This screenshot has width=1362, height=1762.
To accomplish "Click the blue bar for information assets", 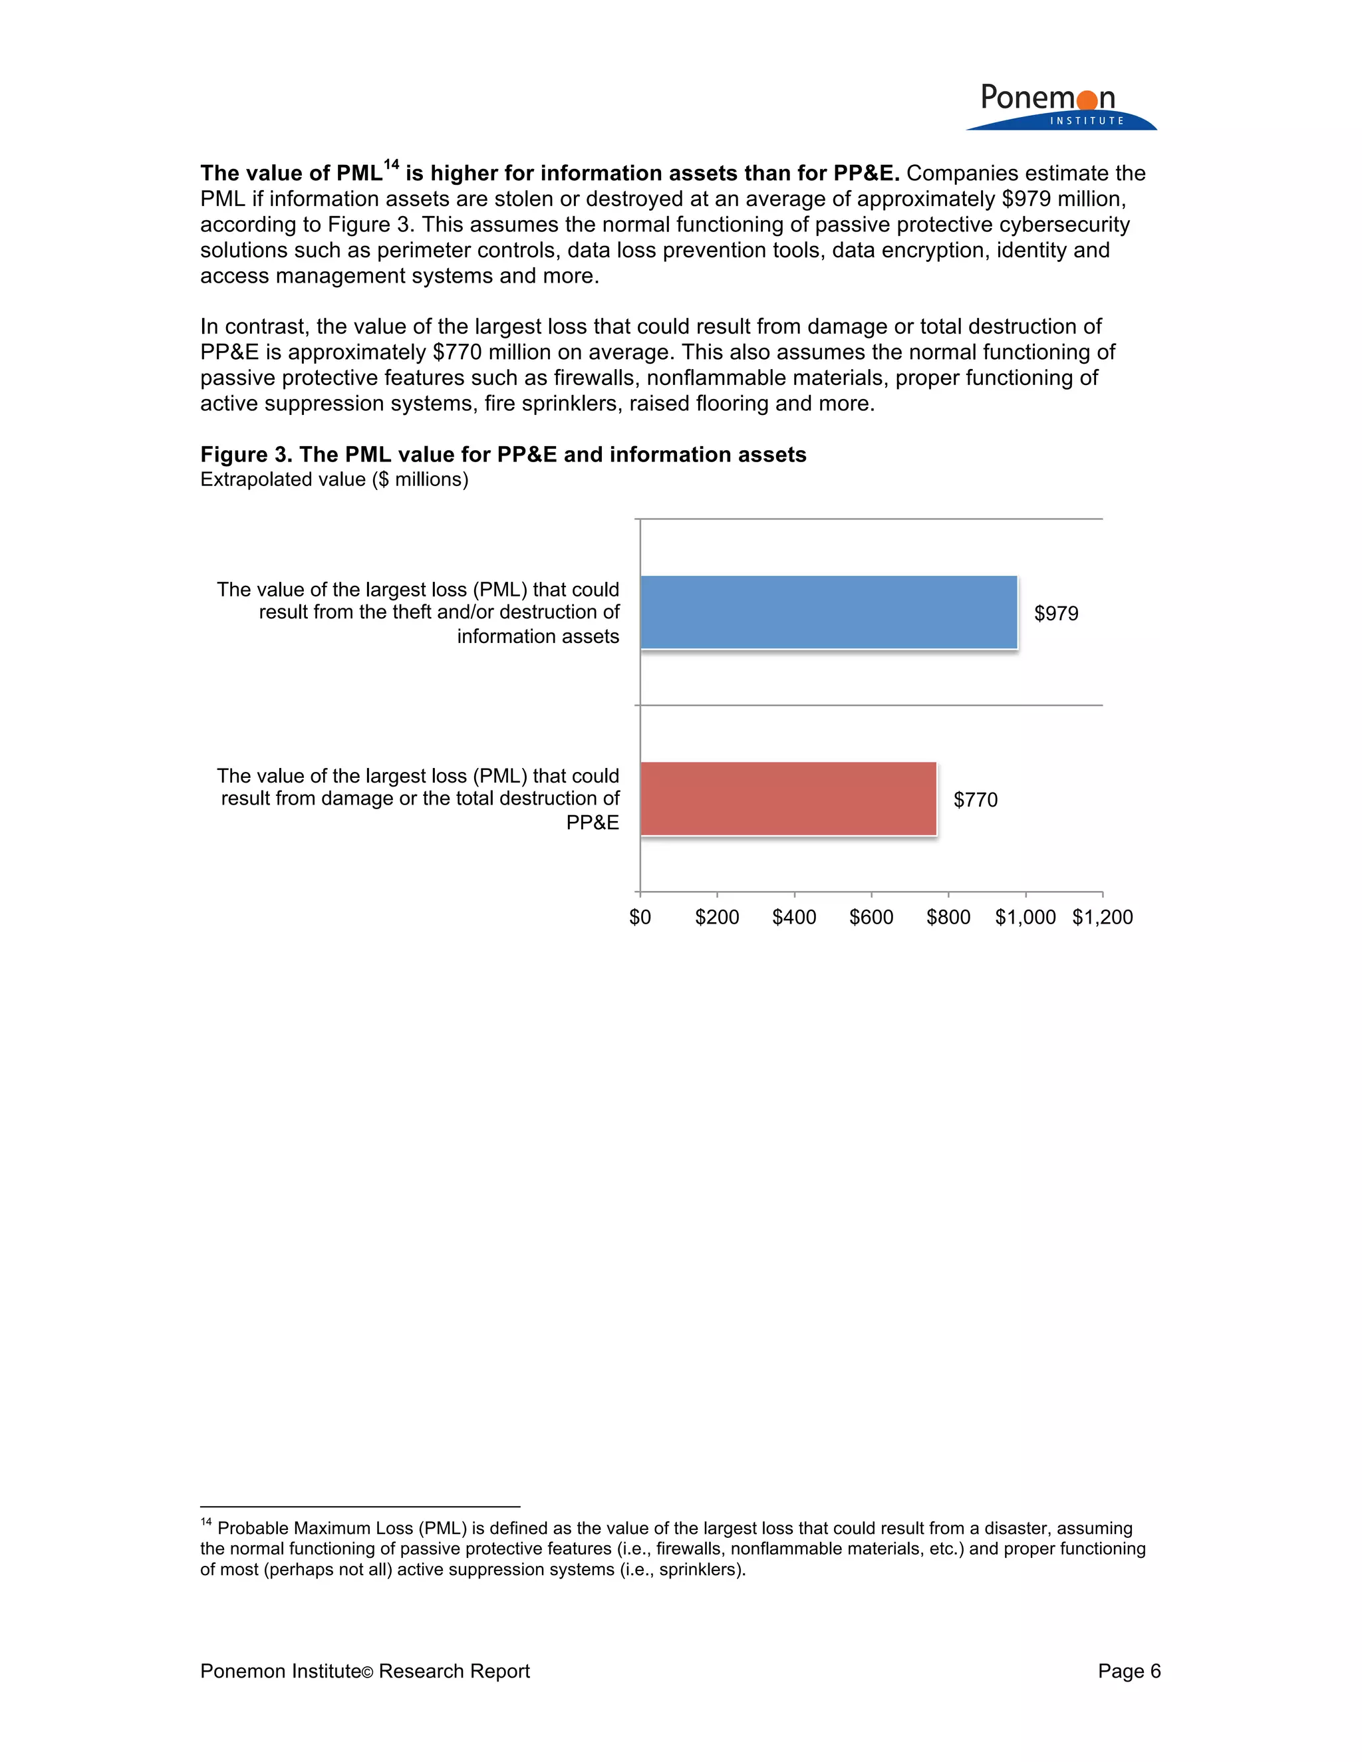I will click(829, 612).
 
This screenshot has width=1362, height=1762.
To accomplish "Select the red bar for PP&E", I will click(788, 799).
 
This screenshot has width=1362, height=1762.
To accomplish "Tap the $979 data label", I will click(1056, 614).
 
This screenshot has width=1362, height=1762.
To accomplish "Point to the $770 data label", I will click(976, 801).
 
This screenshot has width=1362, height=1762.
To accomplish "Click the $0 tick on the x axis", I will click(640, 918).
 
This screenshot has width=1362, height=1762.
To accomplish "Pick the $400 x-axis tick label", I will click(794, 918).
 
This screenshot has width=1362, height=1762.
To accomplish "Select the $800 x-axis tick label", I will click(948, 918).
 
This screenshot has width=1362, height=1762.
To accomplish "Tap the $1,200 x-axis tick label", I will click(1102, 918).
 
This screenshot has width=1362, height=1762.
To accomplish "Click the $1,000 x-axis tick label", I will click(1025, 918).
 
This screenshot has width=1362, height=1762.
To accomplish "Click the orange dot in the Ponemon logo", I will click(1087, 100).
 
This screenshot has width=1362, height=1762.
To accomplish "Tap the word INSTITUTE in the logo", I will click(1087, 121).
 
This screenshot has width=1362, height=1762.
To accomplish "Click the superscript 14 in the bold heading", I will click(391, 166).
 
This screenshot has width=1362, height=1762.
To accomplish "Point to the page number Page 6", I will click(1129, 1671).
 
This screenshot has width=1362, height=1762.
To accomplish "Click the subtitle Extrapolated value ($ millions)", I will click(334, 480).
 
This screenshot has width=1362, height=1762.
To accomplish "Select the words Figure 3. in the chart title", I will click(245, 455).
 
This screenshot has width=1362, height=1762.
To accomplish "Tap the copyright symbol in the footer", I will click(367, 1672).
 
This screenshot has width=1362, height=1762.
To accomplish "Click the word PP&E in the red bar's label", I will click(593, 823).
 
